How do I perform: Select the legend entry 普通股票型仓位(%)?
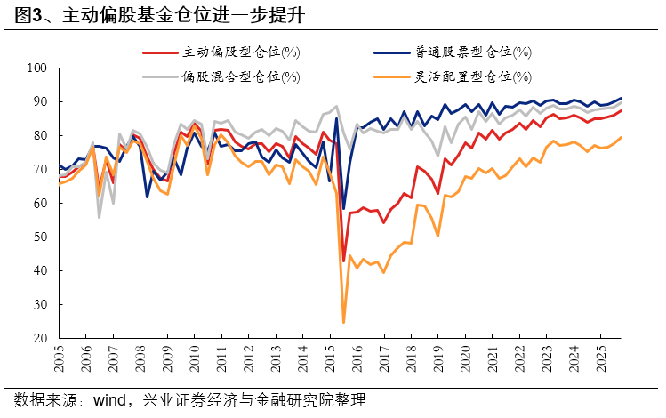473,52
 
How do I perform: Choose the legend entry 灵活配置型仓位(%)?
473,76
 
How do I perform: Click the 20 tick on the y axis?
40,339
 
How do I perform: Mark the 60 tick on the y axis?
40,204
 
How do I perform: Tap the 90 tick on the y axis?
40,101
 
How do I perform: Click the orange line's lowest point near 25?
343,322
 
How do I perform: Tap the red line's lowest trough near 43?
343,261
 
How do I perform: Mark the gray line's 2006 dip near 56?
99,217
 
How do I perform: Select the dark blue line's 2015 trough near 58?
343,208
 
